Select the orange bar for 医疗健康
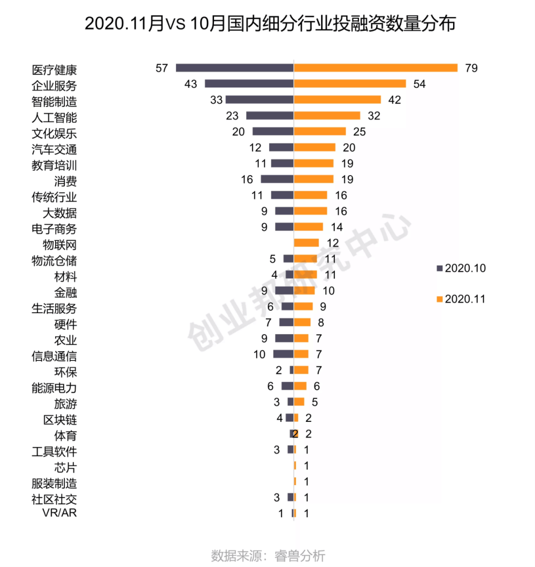[376, 68]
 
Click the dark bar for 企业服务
[249, 84]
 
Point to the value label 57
[162, 68]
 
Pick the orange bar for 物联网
[307, 243]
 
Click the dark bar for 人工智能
[270, 116]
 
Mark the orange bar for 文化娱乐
[320, 132]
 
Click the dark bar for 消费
[277, 179]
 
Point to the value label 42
[394, 100]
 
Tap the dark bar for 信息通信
[283, 354]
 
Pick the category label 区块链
[60, 420]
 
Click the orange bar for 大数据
[310, 211]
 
